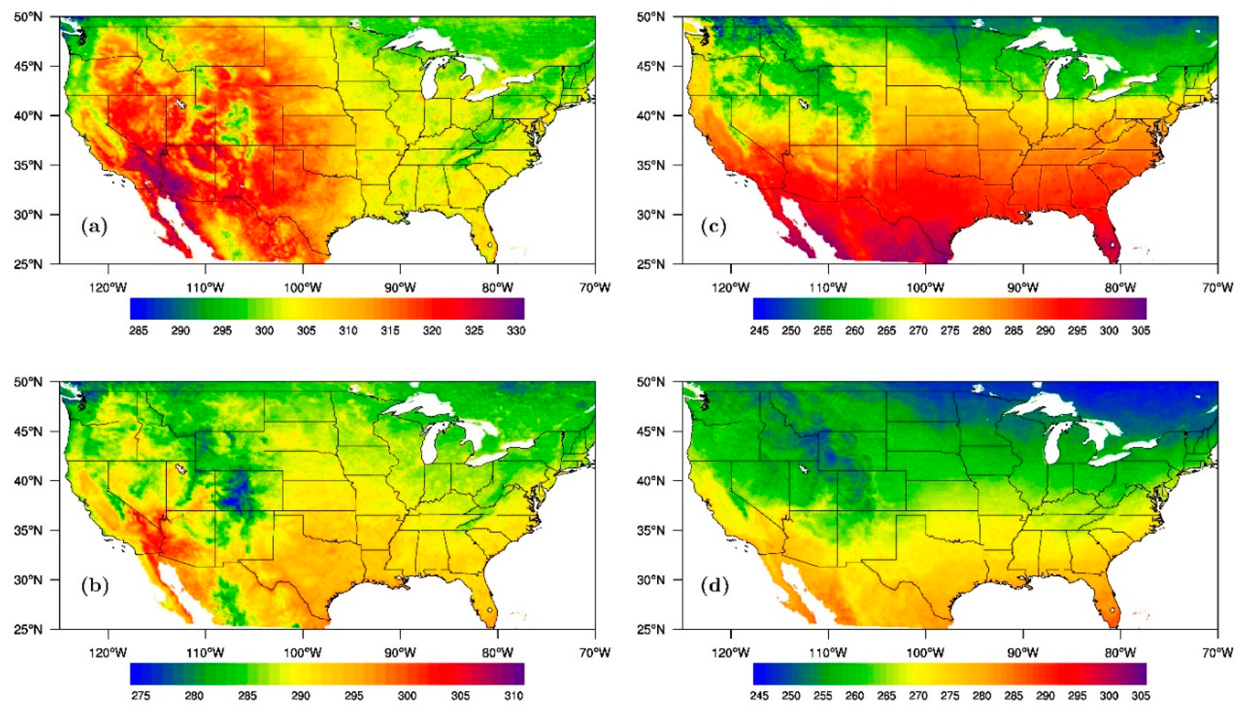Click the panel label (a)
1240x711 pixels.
coord(94,227)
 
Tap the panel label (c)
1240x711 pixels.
coord(714,227)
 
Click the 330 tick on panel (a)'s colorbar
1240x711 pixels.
coord(516,331)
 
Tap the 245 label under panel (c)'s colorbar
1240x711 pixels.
coord(759,331)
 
